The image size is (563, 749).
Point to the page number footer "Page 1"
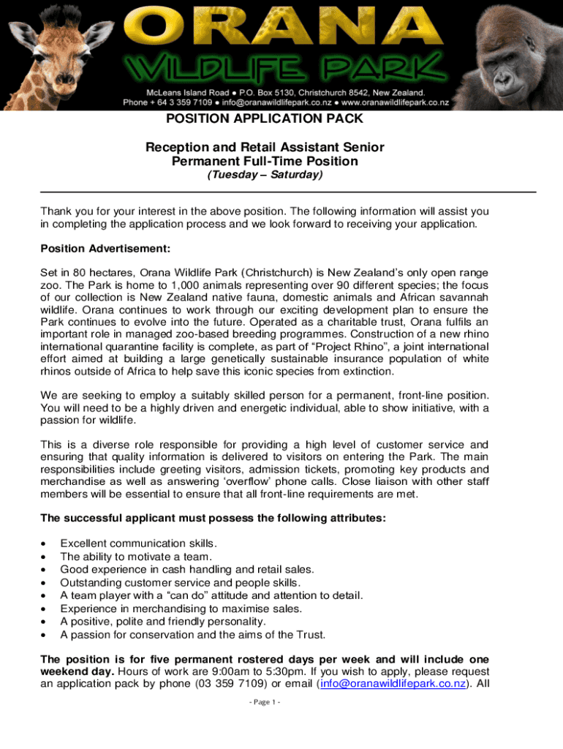264,703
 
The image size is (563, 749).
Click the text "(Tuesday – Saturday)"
264,176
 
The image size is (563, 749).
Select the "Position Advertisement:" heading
105,249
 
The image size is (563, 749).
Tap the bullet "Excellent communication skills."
138,543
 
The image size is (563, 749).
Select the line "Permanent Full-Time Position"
264,162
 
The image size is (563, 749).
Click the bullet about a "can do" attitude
211,595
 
